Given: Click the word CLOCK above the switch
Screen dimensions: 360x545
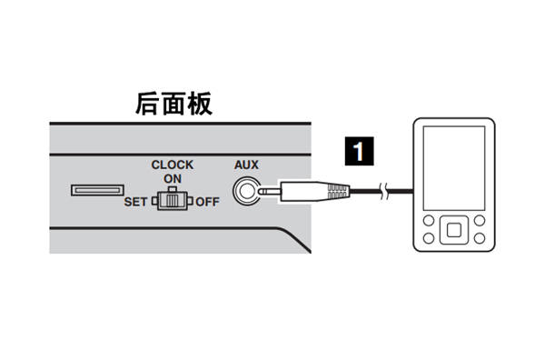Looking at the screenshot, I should (173, 165).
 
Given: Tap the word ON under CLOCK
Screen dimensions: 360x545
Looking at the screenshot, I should (173, 178).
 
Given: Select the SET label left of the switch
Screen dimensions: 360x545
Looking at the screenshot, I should (134, 201).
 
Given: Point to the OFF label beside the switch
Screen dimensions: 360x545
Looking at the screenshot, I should (208, 201).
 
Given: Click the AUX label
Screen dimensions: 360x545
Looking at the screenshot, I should (246, 165).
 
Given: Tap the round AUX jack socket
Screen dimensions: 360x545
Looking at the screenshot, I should (245, 192).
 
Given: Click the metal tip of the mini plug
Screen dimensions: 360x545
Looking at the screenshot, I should (268, 192).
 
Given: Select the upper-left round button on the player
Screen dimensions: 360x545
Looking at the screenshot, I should (428, 220).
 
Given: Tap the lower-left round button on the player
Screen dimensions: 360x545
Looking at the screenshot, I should (428, 239).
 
